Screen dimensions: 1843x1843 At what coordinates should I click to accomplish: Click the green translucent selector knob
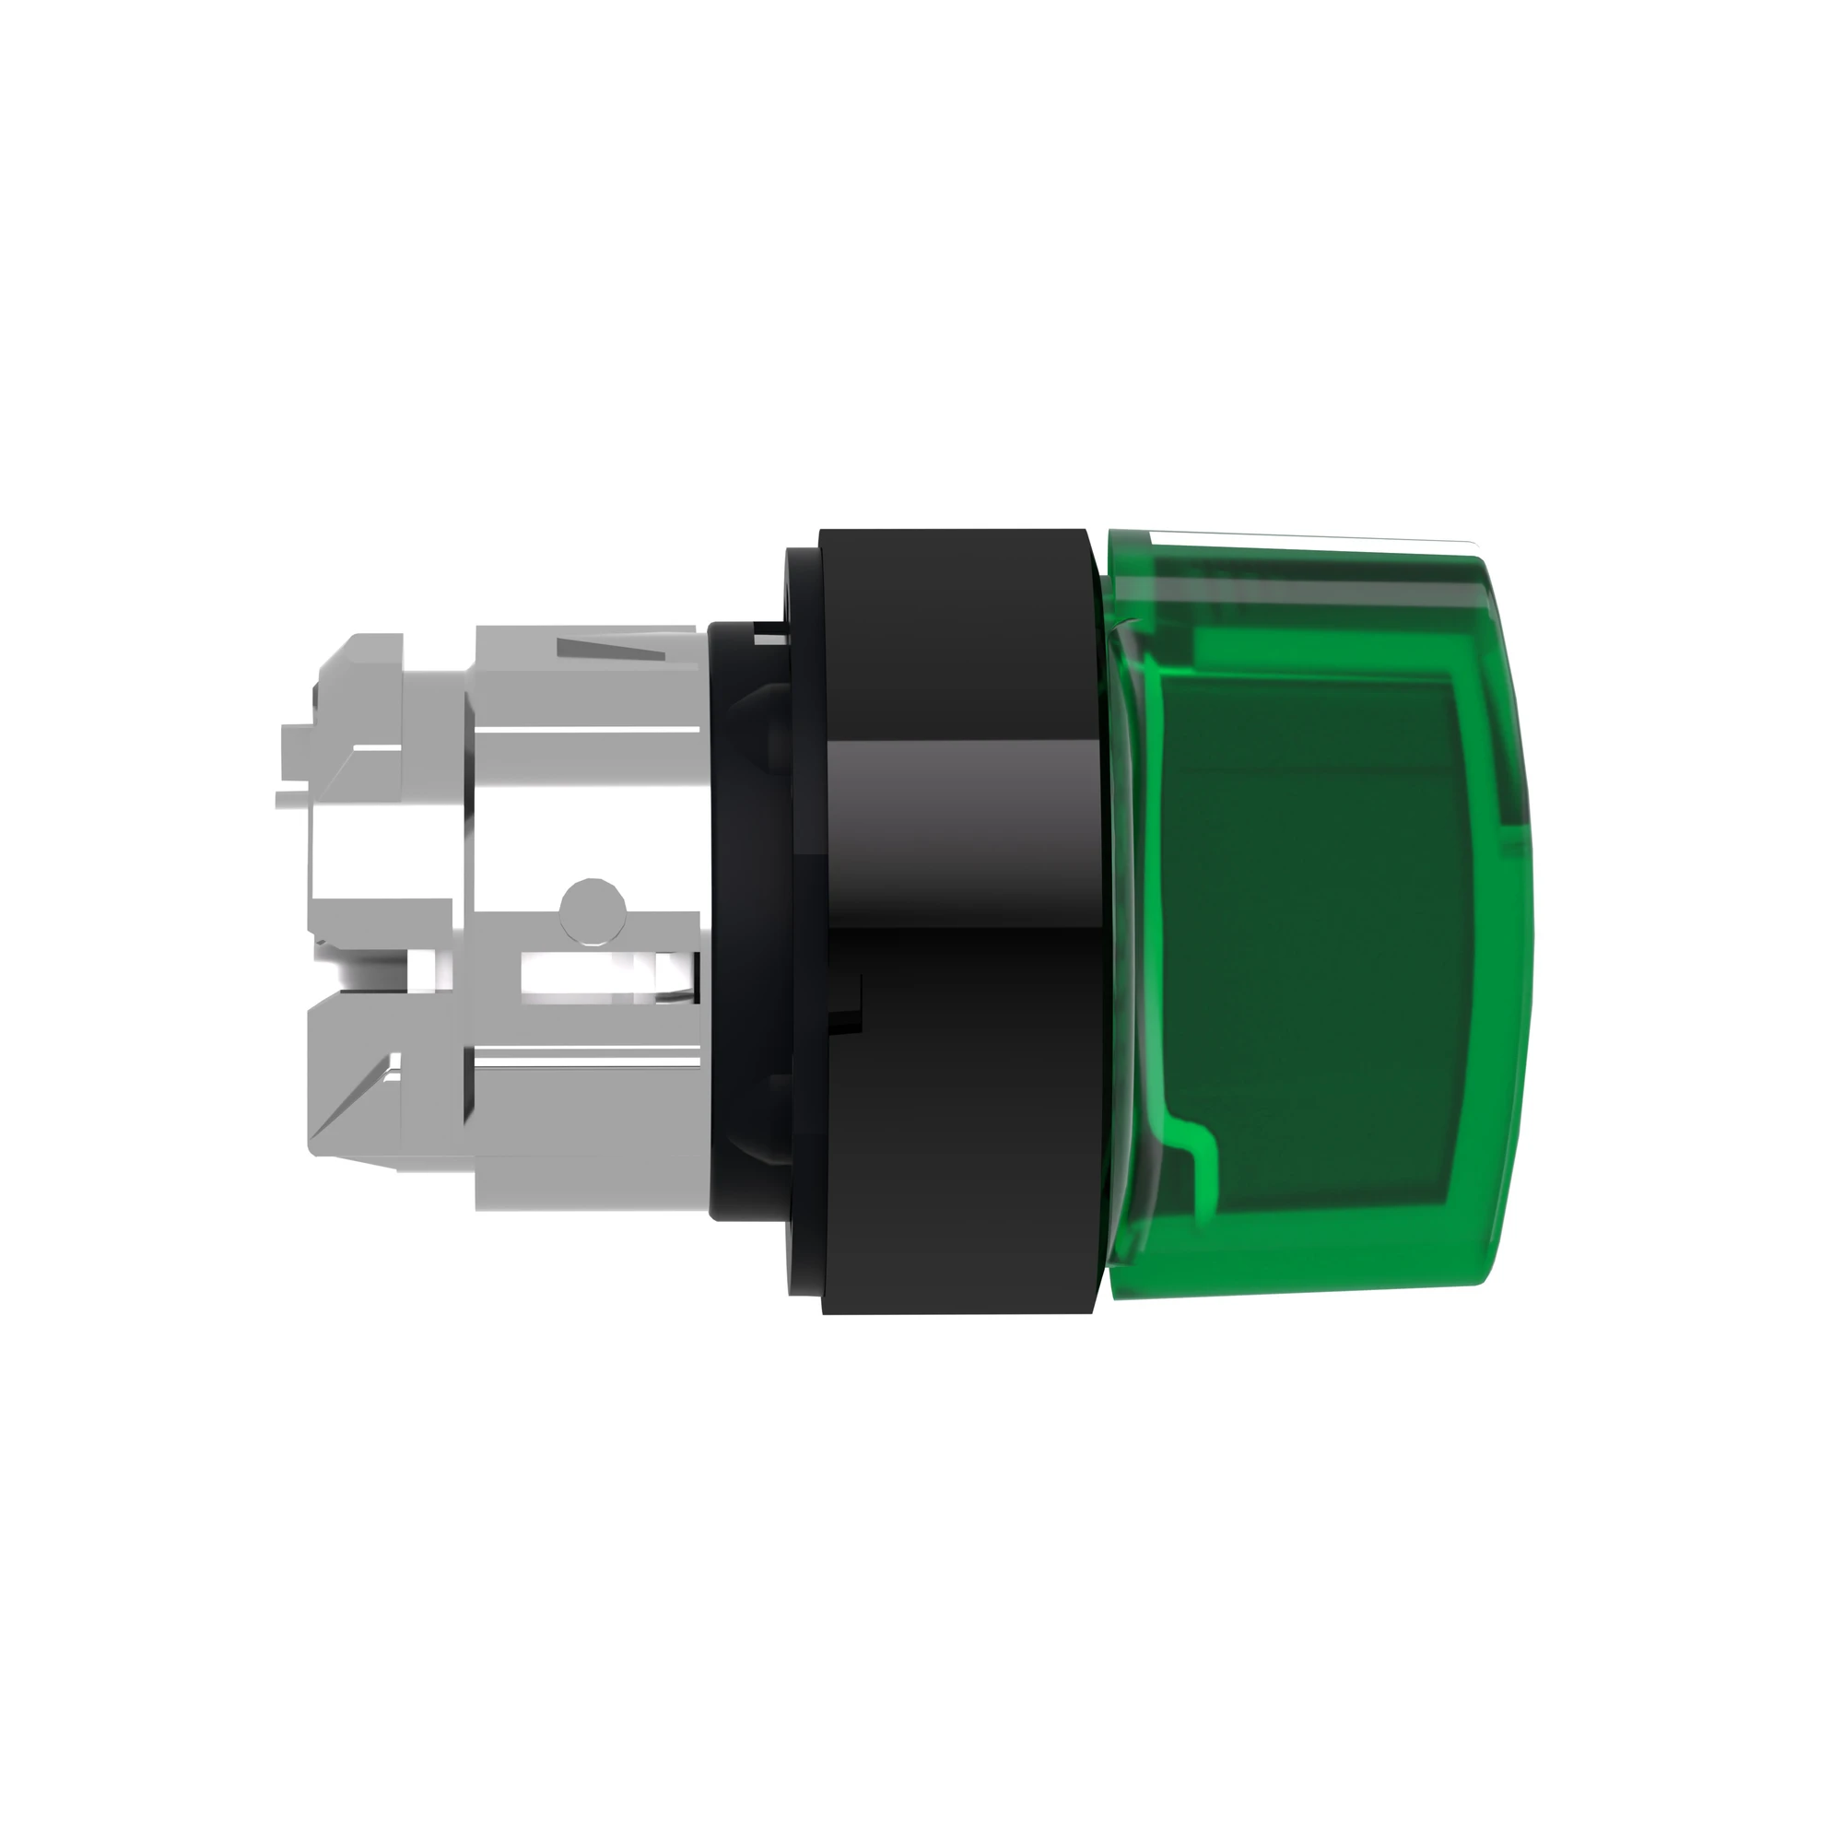point(1317,916)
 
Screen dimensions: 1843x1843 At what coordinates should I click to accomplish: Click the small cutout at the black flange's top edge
point(768,629)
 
